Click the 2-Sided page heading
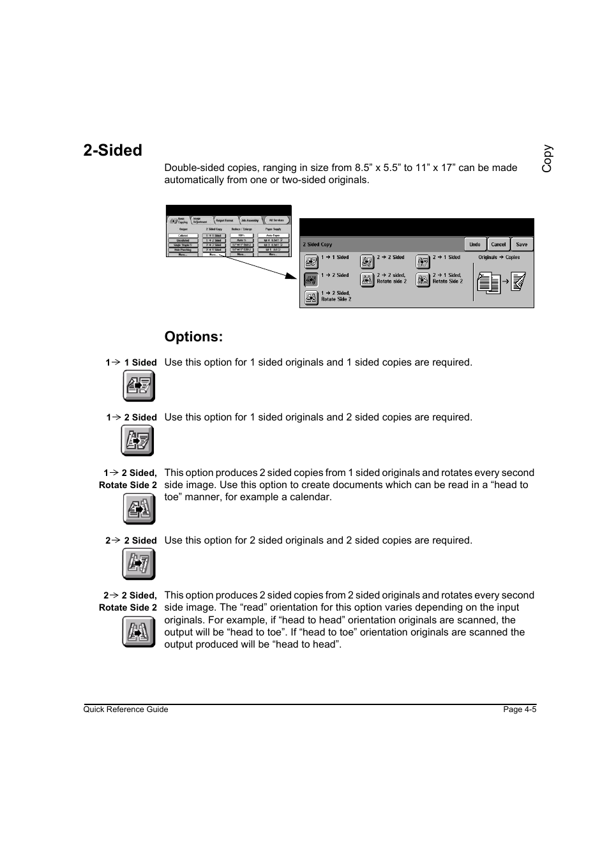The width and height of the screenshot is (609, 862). coord(112,151)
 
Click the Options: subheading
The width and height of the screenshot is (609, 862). coord(193,337)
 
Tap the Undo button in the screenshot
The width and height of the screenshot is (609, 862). coord(475,244)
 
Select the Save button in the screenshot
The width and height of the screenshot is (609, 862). coord(522,244)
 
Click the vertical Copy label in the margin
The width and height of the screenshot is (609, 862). coord(547,159)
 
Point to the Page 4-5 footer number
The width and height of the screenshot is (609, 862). coord(520,710)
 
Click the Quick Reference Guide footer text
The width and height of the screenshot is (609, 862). coord(126,710)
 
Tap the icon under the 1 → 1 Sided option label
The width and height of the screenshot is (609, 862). coord(139,385)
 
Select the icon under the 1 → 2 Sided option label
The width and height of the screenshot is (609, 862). coord(137,440)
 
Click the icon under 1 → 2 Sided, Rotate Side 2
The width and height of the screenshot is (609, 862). coord(139,509)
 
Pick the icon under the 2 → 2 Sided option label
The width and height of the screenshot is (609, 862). coord(139,563)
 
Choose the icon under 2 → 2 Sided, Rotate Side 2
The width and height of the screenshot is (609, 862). coord(139,632)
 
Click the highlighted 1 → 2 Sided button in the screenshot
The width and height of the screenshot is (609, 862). coord(311,279)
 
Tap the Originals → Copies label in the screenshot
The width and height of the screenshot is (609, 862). coord(499,258)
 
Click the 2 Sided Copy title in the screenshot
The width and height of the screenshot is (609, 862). coord(317,244)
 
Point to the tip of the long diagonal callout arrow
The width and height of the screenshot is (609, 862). coord(296,278)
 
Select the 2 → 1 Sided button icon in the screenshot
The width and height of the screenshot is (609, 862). coord(423,262)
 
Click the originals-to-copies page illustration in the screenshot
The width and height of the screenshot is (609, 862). coord(501,281)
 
